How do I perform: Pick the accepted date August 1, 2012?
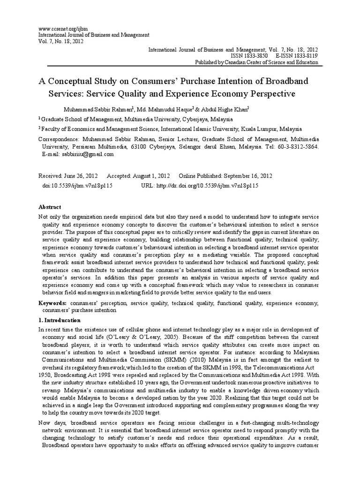(151, 176)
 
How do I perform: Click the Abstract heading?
(49, 207)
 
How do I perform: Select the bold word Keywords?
(52, 303)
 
